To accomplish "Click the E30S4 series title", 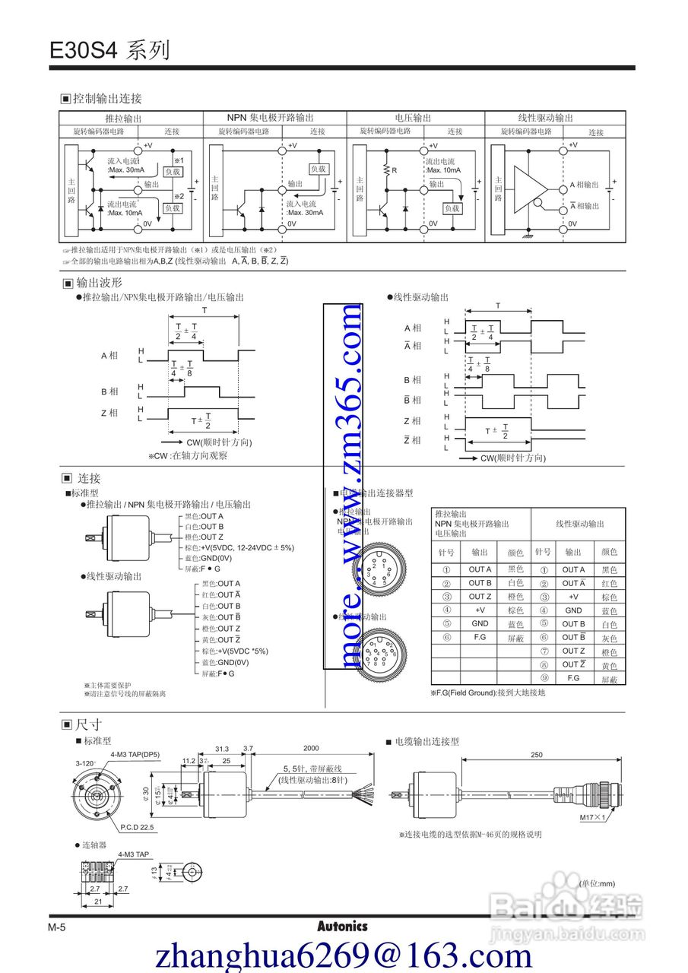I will pos(109,50).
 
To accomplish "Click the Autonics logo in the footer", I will pos(342,927).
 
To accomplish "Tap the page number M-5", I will pos(58,927).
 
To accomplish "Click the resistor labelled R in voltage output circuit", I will pos(386,170).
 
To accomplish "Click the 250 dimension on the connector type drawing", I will pos(537,754).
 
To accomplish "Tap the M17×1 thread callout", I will pos(598,818).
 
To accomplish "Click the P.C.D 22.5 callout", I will pos(137,826).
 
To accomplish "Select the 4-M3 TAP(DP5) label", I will pos(135,754).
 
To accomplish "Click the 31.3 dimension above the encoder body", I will pos(222,749).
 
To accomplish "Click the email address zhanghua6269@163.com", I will pos(344,955).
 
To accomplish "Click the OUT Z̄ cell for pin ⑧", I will pos(573,665).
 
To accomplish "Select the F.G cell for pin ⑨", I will pos(573,678).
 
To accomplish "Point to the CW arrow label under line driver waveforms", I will pos(513,458).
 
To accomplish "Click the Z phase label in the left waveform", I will pos(109,413).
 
